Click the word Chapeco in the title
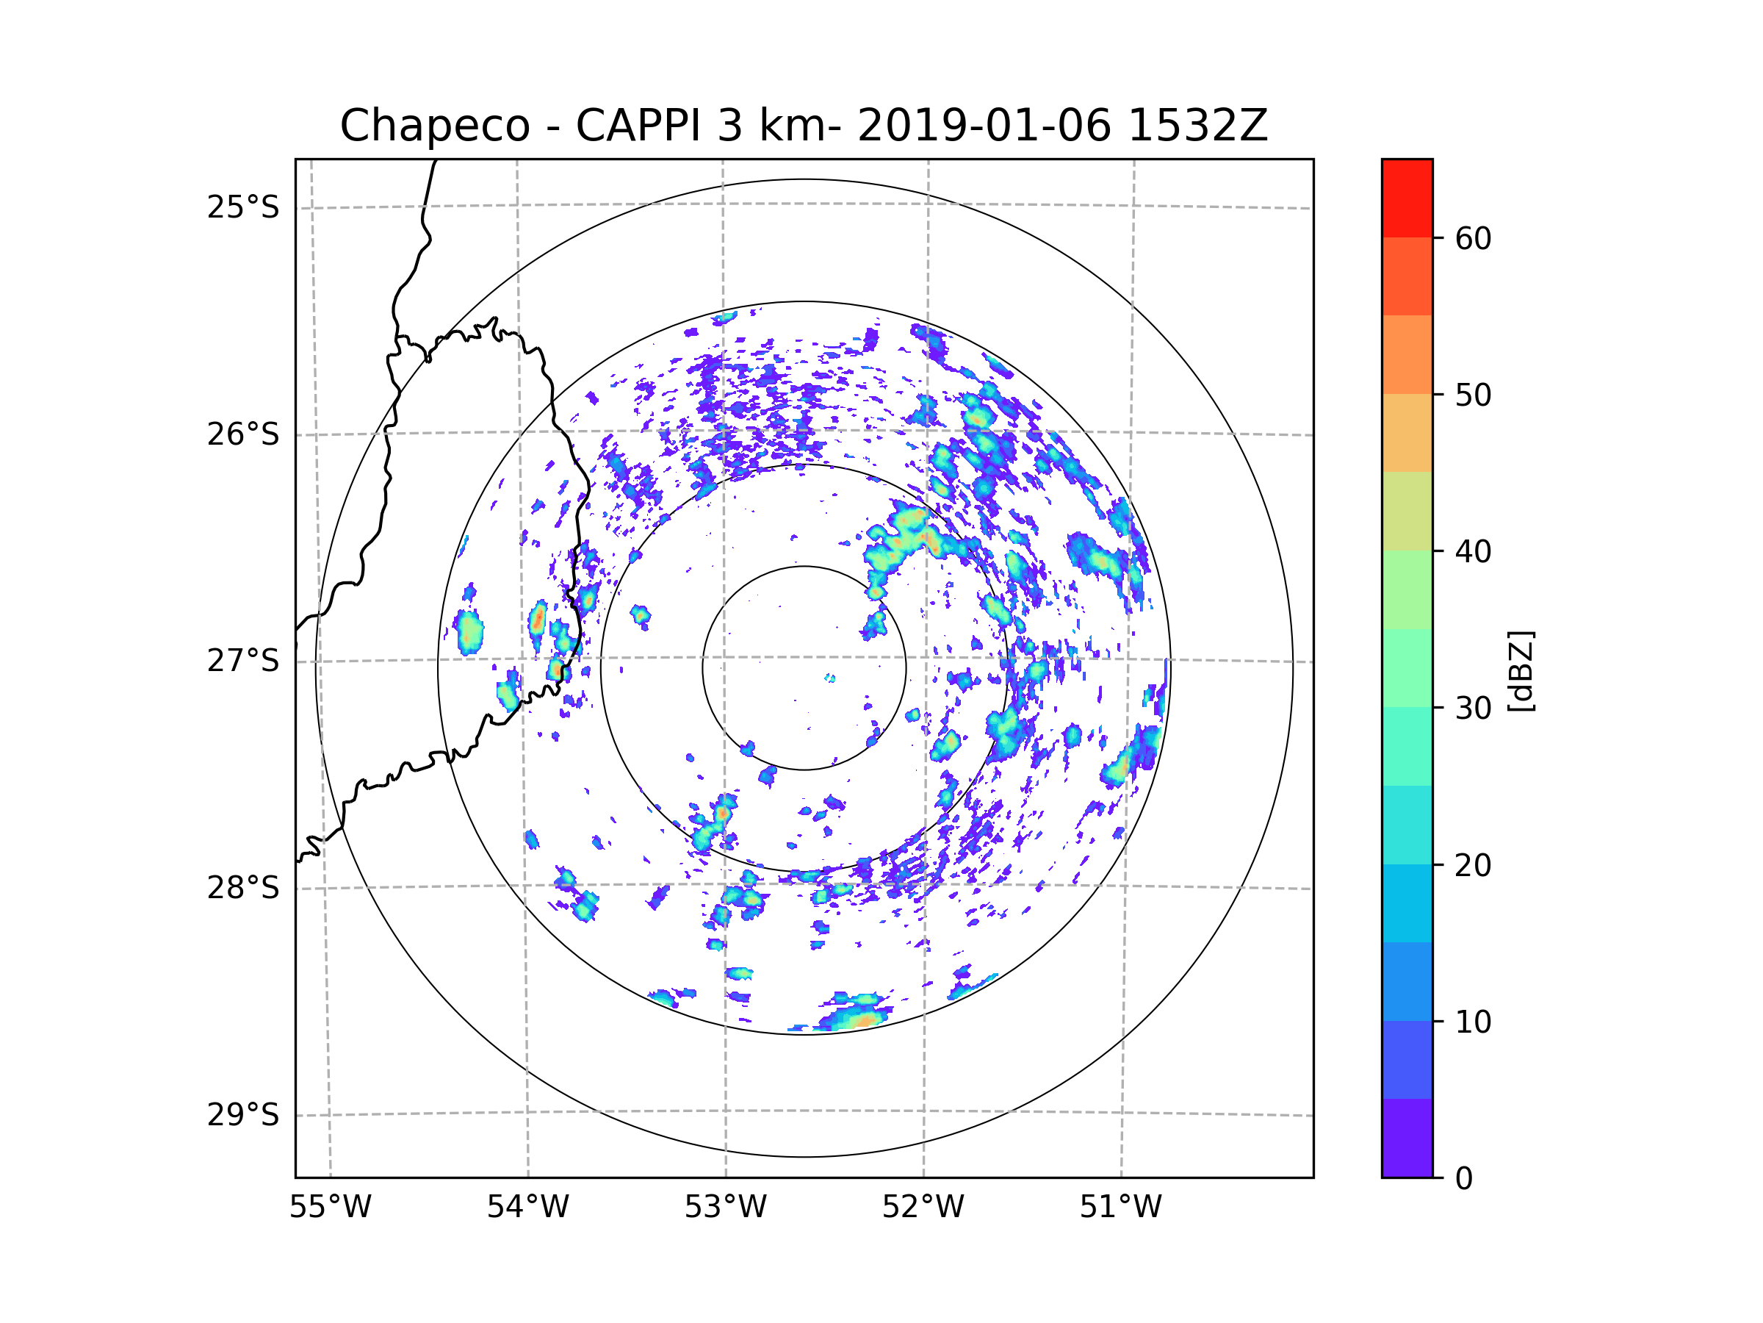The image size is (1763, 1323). click(x=434, y=126)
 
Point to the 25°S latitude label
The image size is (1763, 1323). click(x=243, y=207)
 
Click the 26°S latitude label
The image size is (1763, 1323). click(x=243, y=434)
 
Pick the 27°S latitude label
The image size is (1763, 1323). click(x=243, y=661)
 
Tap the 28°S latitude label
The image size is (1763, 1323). click(x=243, y=888)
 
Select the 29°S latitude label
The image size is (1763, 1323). click(x=243, y=1115)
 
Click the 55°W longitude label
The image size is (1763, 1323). click(x=330, y=1208)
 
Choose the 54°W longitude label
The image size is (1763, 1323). click(x=527, y=1208)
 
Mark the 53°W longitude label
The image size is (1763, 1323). click(x=725, y=1208)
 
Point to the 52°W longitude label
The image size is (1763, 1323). click(x=923, y=1208)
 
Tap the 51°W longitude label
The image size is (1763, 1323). click(x=1120, y=1208)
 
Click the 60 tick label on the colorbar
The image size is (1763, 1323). click(x=1473, y=238)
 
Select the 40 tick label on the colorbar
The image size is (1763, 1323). click(x=1473, y=552)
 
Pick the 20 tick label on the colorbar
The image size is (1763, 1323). click(x=1473, y=865)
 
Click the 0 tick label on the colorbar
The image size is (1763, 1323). click(x=1464, y=1179)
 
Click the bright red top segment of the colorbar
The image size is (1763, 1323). click(x=1407, y=198)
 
